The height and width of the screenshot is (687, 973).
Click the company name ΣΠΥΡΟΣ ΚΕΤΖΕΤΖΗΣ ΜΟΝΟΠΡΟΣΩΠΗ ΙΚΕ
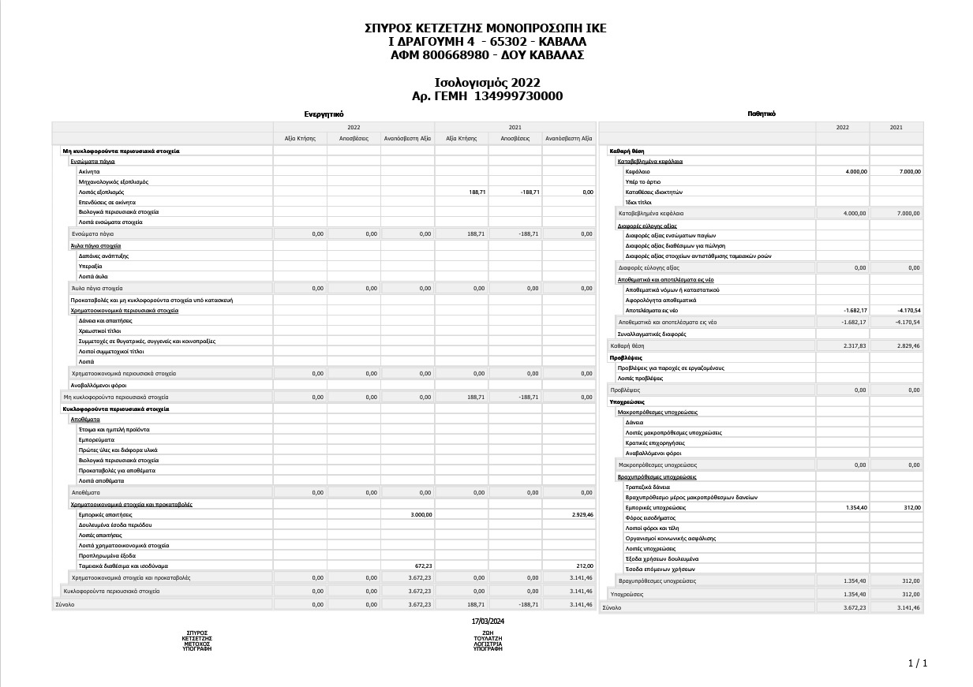[x=486, y=28]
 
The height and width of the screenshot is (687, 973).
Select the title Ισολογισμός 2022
[x=487, y=83]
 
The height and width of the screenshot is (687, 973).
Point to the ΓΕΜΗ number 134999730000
[x=518, y=96]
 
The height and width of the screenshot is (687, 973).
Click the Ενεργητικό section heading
[x=324, y=114]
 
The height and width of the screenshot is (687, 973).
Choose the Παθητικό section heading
[x=762, y=114]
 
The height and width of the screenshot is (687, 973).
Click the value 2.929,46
[x=580, y=514]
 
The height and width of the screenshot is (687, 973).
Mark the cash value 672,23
[x=424, y=566]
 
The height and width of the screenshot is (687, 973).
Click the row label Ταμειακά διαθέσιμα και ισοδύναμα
[x=123, y=566]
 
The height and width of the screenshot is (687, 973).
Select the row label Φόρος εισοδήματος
[x=650, y=517]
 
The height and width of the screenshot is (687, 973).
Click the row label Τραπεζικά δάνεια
[x=647, y=487]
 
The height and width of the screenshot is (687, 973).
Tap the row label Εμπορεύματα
[x=96, y=439]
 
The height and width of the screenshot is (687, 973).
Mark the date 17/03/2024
[x=488, y=621]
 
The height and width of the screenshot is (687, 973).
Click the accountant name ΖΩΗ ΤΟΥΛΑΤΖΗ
[x=488, y=636]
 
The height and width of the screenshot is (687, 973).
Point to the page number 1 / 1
[x=918, y=663]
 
